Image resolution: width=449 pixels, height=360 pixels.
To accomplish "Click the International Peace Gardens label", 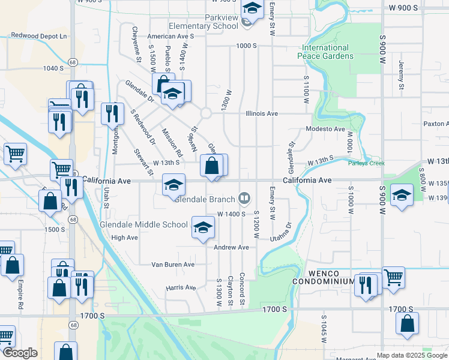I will point(325,52).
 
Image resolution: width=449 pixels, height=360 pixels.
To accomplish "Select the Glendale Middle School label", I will point(144,225).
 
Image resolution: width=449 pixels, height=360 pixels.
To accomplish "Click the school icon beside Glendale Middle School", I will point(203,227).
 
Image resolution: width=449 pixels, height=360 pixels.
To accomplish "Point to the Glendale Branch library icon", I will point(244,197).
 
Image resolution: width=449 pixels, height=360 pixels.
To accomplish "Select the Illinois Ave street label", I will point(262,113).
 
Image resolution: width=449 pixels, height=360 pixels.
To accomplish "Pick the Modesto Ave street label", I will point(325,129).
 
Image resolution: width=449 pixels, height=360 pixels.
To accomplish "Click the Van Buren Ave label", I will point(173,264).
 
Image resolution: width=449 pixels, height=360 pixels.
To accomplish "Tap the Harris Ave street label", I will point(181,288).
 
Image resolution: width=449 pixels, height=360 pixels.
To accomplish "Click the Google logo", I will point(20,353).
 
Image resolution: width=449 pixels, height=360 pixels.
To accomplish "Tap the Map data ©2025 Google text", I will point(412,355).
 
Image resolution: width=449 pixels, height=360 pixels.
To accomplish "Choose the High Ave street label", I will point(125,238).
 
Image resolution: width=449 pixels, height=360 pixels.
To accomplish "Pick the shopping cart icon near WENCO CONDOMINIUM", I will point(393,277).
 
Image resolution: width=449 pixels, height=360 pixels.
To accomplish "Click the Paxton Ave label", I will point(436,124).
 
